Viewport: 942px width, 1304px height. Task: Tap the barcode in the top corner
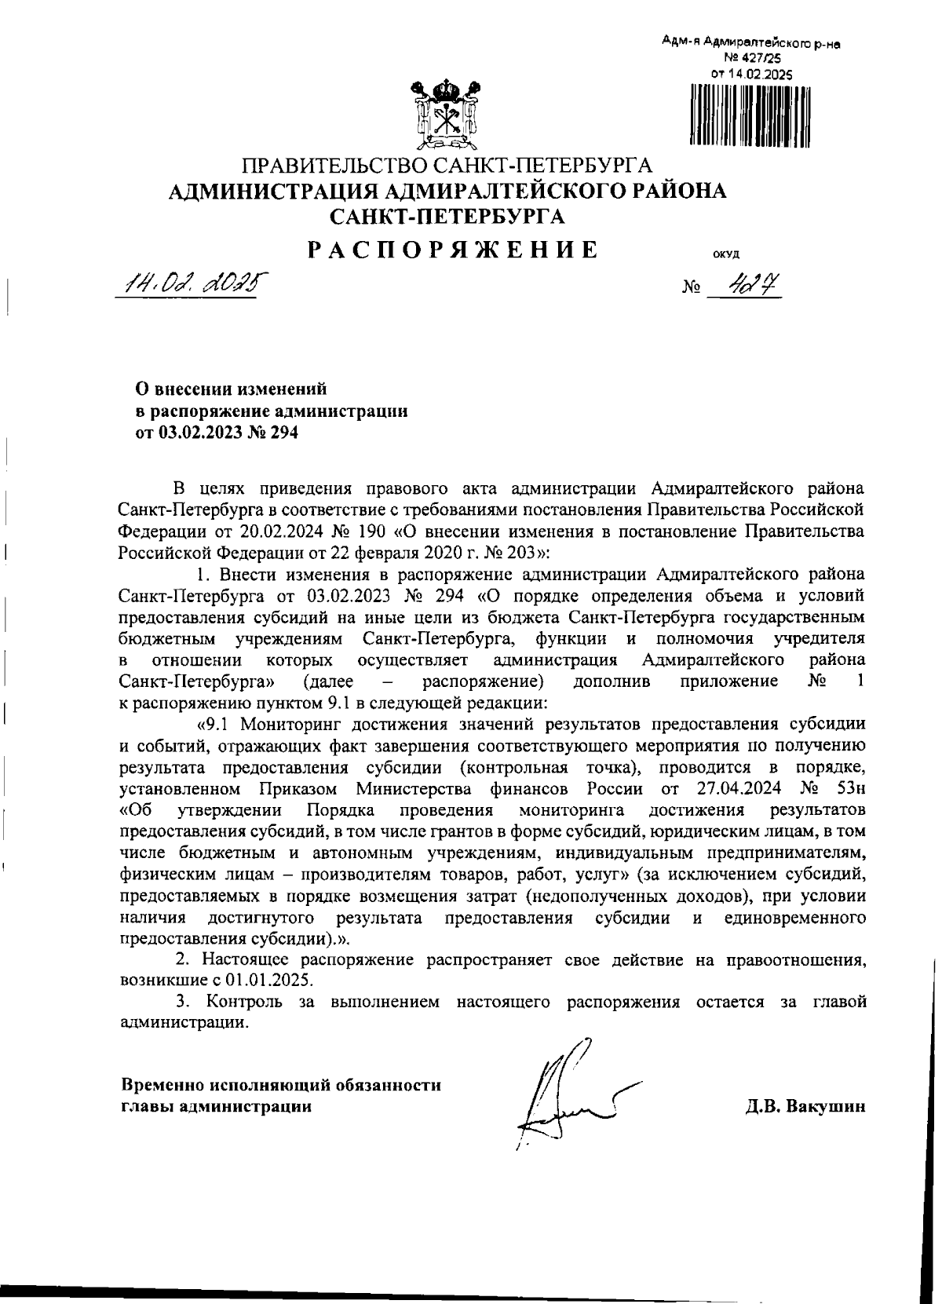click(750, 115)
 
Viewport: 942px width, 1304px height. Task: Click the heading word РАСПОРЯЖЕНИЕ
click(452, 250)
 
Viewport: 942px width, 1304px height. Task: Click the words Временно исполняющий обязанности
click(281, 1086)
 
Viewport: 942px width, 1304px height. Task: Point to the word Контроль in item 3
click(244, 1002)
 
